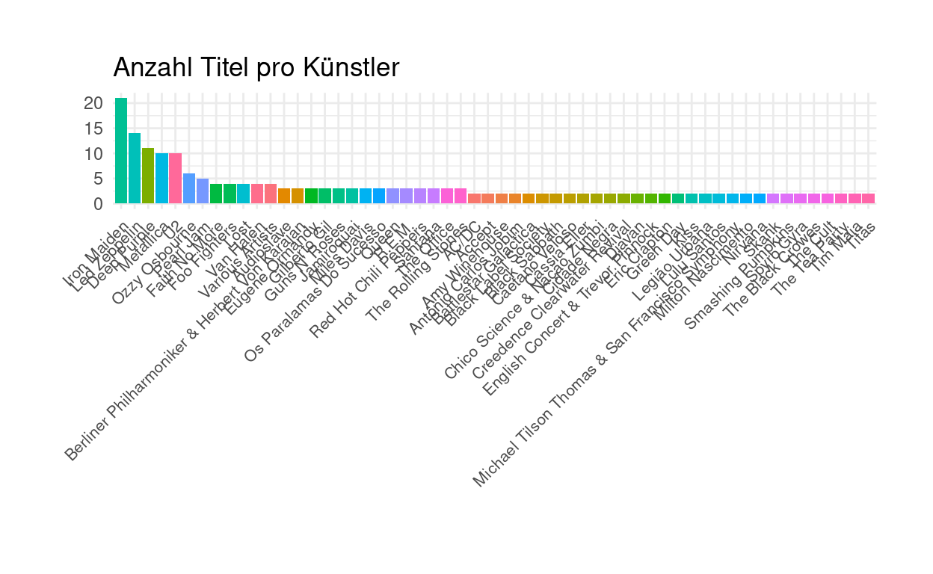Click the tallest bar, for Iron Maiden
click(x=121, y=150)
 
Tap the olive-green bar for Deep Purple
click(x=148, y=176)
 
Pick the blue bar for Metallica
click(x=161, y=178)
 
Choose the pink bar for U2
click(x=175, y=178)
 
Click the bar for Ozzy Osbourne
click(x=189, y=188)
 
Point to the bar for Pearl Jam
click(x=203, y=191)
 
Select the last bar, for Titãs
click(x=868, y=198)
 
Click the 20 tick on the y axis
click(x=93, y=103)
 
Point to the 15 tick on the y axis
click(x=93, y=129)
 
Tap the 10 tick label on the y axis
click(x=93, y=153)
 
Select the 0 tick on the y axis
click(x=97, y=203)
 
